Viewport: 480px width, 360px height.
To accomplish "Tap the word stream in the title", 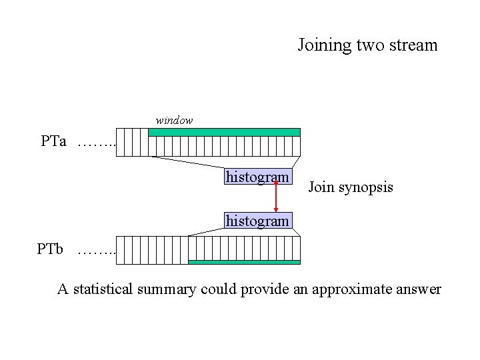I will [x=413, y=45].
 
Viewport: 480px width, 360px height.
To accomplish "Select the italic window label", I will [x=174, y=121].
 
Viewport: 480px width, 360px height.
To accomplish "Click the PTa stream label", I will [x=53, y=141].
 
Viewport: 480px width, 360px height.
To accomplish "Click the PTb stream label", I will [x=51, y=250].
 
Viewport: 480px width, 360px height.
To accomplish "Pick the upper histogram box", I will [x=257, y=177].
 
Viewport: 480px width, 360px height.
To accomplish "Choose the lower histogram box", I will [x=257, y=219].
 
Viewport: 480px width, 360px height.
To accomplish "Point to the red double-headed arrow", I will [x=276, y=198].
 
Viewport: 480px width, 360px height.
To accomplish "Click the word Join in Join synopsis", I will [x=321, y=188].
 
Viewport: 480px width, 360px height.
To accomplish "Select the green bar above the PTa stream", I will [x=224, y=132].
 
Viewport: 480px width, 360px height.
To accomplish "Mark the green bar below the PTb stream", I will [x=244, y=262].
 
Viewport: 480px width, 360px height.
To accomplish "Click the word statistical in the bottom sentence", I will [x=104, y=289].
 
